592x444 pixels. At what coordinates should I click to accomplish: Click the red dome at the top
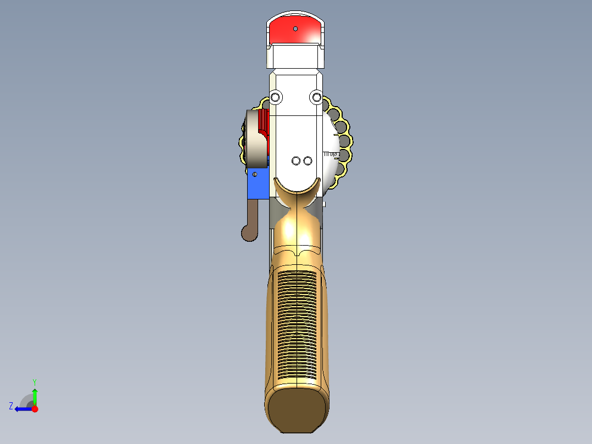coord(295,30)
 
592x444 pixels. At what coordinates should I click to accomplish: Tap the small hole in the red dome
coord(295,29)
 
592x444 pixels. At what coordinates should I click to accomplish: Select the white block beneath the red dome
coord(295,56)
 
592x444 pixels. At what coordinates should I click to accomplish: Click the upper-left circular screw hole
coord(275,97)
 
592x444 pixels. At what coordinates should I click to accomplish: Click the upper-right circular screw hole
coord(316,97)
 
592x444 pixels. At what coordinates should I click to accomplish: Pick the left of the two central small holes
coord(296,161)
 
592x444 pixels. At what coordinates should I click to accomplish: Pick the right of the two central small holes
coord(308,161)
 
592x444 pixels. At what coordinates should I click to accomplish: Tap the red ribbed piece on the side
coord(263,123)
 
